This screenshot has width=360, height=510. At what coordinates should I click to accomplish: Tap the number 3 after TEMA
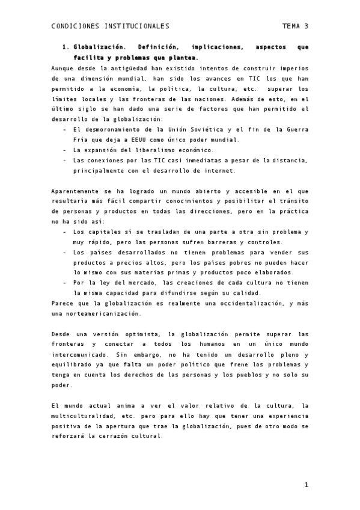pos(306,26)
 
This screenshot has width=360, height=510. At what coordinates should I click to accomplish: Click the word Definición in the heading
pos(159,47)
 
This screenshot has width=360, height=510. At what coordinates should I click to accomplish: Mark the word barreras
pos(216,242)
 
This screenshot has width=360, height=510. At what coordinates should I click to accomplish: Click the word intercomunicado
pos(81,354)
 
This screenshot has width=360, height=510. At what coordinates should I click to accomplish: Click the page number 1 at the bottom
pos(306,485)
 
